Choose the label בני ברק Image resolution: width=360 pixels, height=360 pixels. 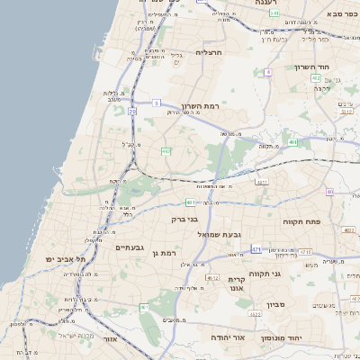pos(184,219)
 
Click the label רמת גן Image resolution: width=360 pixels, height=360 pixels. pos(162,255)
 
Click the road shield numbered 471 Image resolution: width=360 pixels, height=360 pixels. pos(257,249)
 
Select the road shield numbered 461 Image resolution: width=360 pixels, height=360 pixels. pos(144,308)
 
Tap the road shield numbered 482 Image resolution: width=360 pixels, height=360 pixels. pos(166,151)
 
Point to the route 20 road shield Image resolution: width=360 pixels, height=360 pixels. pos(132,111)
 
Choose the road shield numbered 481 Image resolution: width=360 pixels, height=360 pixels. pos(190,202)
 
